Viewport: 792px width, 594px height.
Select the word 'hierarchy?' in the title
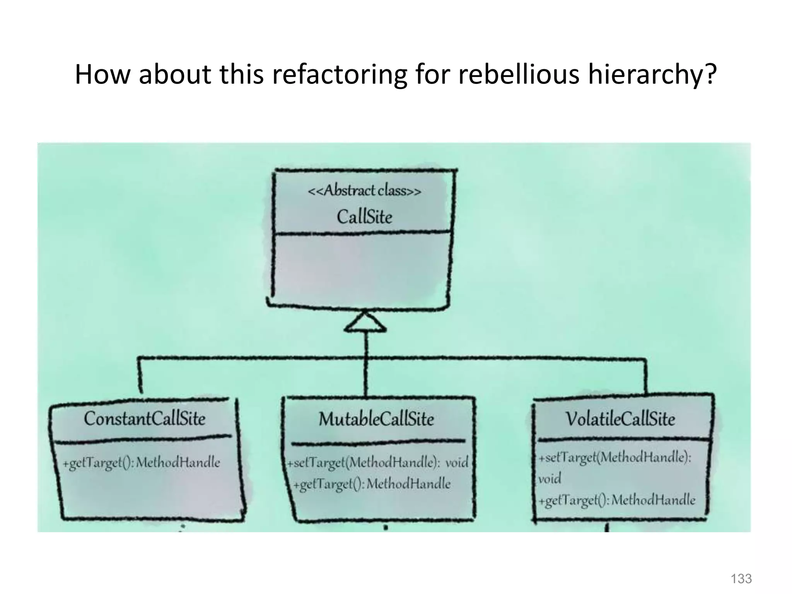pos(652,75)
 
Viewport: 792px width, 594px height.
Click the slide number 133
pos(741,579)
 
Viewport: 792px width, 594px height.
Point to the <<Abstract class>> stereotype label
pos(364,191)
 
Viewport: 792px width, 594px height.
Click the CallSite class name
pos(364,217)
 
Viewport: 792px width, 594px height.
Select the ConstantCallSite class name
pos(145,419)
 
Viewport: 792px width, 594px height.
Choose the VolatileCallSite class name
pos(620,419)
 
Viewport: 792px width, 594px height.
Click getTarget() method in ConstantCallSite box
pos(142,463)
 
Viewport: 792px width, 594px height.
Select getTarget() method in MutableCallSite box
pos(372,484)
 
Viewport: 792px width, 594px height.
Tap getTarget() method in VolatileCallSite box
pos(617,500)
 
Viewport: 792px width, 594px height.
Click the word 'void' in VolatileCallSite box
pos(550,479)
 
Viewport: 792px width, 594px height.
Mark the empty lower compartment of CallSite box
pos(362,269)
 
